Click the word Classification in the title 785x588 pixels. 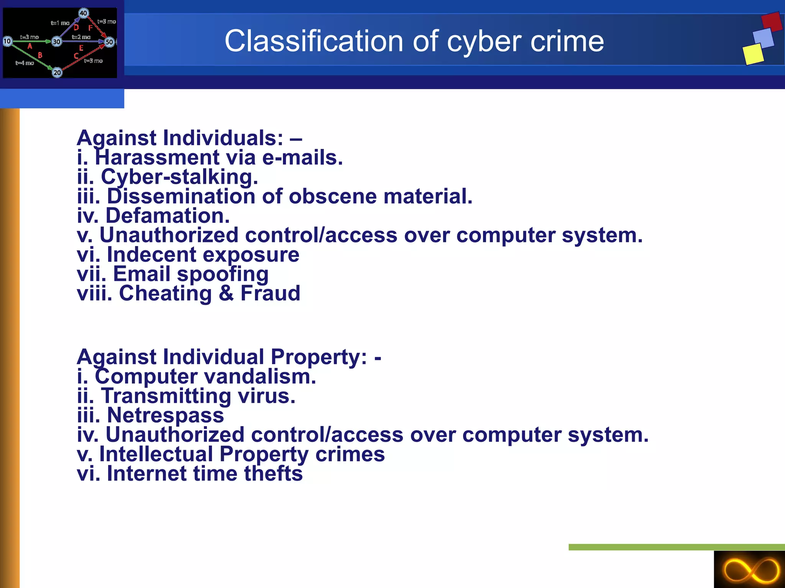click(314, 41)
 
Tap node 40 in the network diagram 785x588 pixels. click(83, 13)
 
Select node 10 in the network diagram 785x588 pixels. click(7, 41)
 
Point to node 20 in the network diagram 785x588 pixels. click(57, 72)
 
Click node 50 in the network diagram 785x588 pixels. click(109, 42)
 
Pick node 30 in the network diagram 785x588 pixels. click(56, 42)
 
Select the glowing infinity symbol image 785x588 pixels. click(749, 570)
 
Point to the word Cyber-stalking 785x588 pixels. click(179, 177)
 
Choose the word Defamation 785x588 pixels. click(168, 216)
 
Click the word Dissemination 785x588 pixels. click(181, 196)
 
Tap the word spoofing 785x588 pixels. click(223, 274)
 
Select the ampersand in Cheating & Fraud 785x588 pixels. click(226, 293)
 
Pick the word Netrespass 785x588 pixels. click(165, 415)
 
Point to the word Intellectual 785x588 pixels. click(156, 454)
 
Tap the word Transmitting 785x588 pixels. click(166, 396)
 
